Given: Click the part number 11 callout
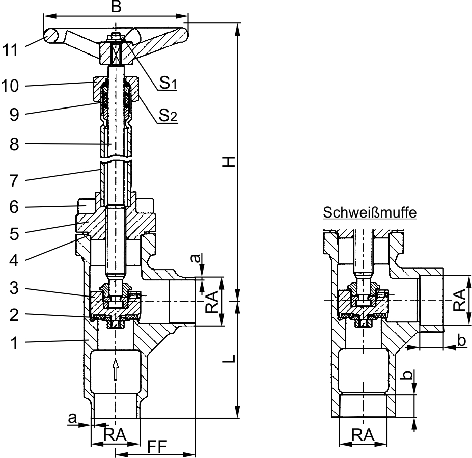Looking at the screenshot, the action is [10, 50].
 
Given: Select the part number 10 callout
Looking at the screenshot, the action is [10, 86].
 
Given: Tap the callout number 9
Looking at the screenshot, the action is [14, 115].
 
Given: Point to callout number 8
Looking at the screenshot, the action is [14, 144].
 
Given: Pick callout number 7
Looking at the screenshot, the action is [14, 181].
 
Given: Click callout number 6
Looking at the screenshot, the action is [14, 207].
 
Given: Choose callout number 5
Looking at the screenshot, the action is [14, 234].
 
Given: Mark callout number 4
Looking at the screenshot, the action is [14, 260].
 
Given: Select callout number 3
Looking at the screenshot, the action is [14, 288].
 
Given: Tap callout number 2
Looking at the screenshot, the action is [14, 315].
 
